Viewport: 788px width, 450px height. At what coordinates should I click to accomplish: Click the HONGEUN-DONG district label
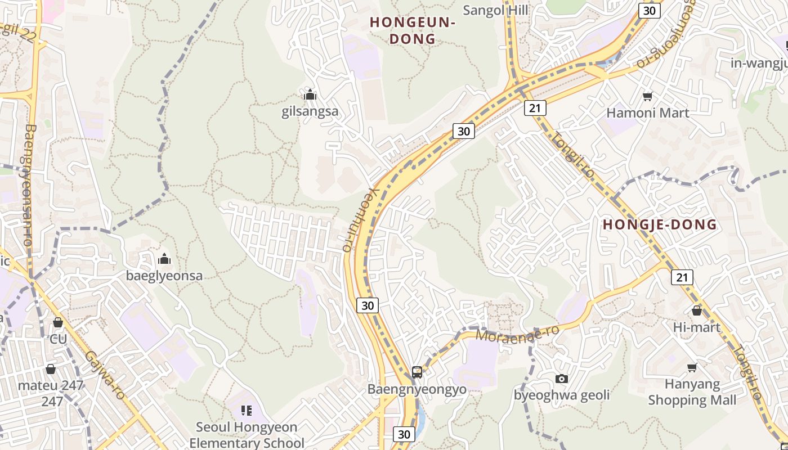(413, 30)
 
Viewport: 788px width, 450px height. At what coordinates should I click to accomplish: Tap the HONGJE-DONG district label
(660, 224)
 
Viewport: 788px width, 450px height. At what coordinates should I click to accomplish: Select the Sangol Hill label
(495, 10)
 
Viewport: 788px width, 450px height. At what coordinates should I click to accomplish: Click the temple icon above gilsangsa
(310, 94)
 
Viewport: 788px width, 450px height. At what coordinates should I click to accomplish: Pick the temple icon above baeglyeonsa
(164, 259)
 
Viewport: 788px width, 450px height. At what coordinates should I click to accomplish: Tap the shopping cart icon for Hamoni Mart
(647, 97)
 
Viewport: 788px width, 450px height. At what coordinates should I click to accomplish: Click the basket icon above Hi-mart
(697, 310)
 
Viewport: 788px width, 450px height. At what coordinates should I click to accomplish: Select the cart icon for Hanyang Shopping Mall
(692, 368)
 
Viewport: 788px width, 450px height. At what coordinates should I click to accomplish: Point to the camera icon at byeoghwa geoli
(561, 379)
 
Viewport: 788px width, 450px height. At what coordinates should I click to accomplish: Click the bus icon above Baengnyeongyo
(417, 372)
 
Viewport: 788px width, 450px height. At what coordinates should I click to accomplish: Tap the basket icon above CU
(57, 323)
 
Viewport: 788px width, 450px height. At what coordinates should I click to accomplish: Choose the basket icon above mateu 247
(51, 369)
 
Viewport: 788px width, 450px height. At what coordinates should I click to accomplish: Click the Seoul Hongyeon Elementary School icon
(246, 411)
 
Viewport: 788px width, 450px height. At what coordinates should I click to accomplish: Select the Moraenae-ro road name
(518, 332)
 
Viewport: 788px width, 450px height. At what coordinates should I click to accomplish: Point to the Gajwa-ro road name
(105, 376)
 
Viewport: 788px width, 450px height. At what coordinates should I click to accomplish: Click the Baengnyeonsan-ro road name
(28, 186)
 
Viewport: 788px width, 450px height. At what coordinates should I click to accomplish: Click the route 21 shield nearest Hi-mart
(682, 277)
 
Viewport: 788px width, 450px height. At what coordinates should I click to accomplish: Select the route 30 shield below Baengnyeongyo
(404, 434)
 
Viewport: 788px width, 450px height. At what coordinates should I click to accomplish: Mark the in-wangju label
(759, 63)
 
